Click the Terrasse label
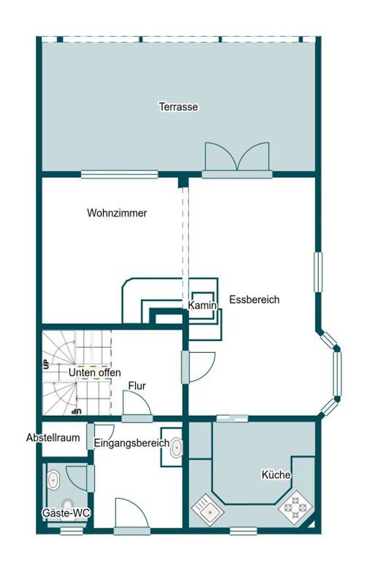click(178, 106)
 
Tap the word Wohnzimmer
click(117, 213)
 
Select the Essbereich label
click(254, 300)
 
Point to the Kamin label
click(202, 305)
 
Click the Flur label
click(137, 386)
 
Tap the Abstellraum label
click(53, 437)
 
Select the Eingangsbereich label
click(132, 443)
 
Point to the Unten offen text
click(94, 372)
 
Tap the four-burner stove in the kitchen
click(295, 508)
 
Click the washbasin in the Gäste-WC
click(54, 480)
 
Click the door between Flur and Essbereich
click(198, 368)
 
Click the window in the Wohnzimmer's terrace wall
click(119, 174)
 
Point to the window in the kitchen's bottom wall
click(243, 531)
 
